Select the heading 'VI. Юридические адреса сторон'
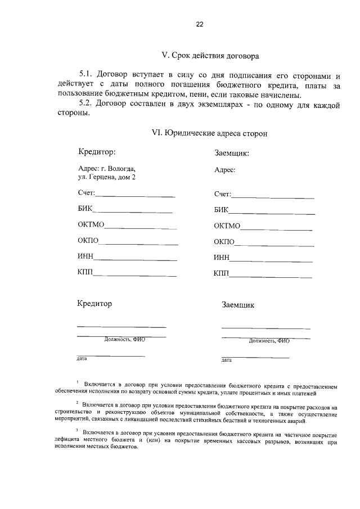210,133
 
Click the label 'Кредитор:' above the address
97,152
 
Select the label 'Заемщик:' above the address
232,153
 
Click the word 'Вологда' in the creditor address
122,168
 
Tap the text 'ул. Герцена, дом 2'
107,177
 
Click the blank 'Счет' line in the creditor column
135,196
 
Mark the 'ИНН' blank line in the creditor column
135,259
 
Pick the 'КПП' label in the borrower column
222,274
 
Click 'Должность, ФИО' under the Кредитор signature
124,339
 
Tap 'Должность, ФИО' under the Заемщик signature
269,340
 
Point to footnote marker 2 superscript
77,402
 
